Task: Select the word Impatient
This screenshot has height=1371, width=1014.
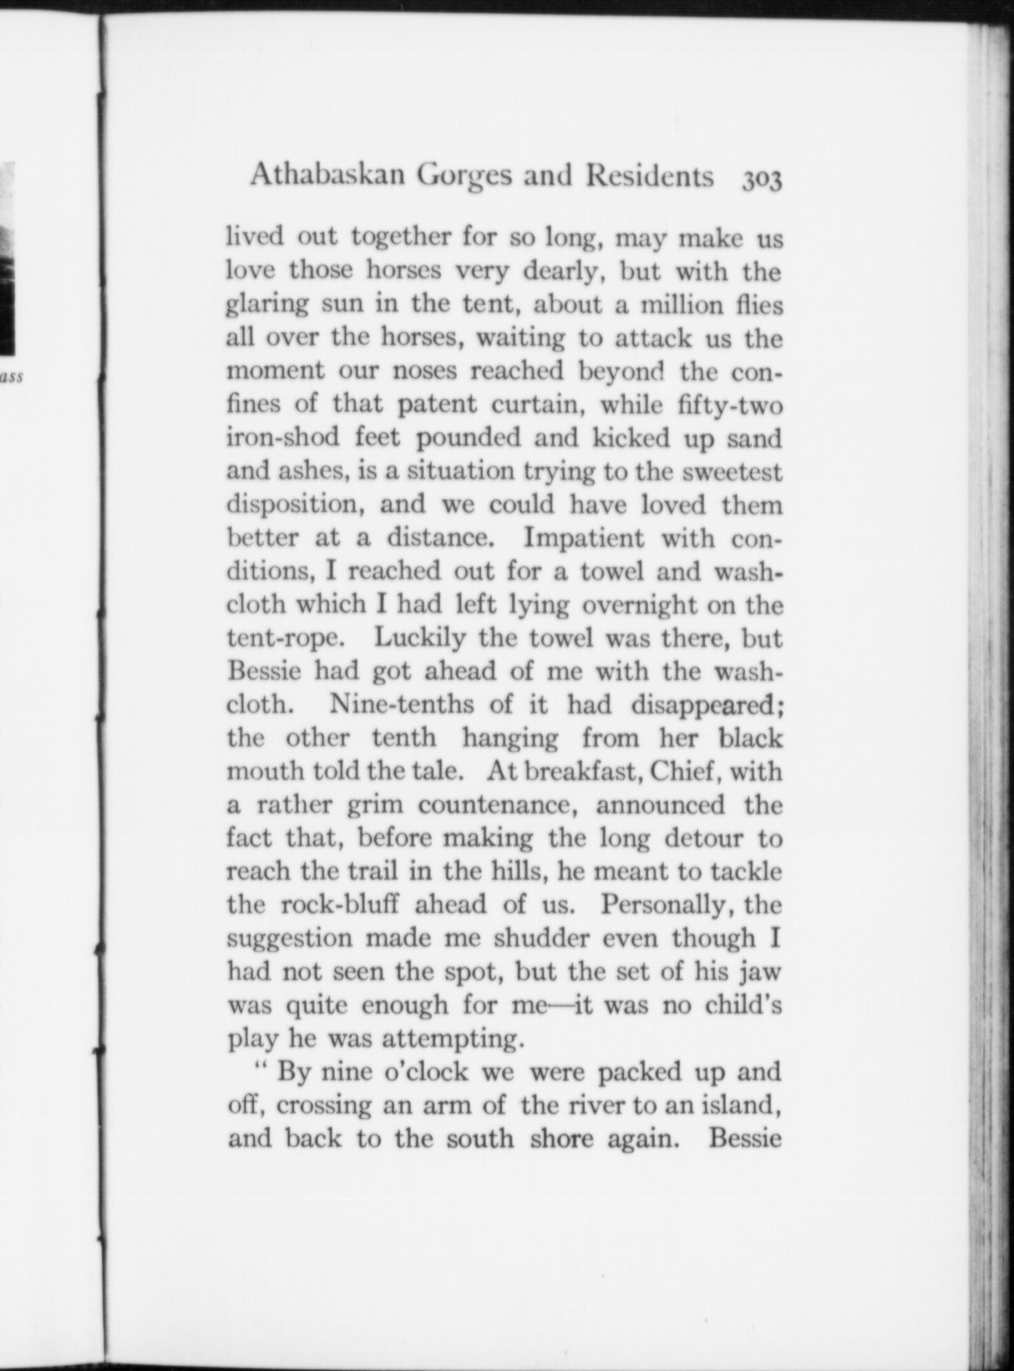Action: (x=584, y=538)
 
